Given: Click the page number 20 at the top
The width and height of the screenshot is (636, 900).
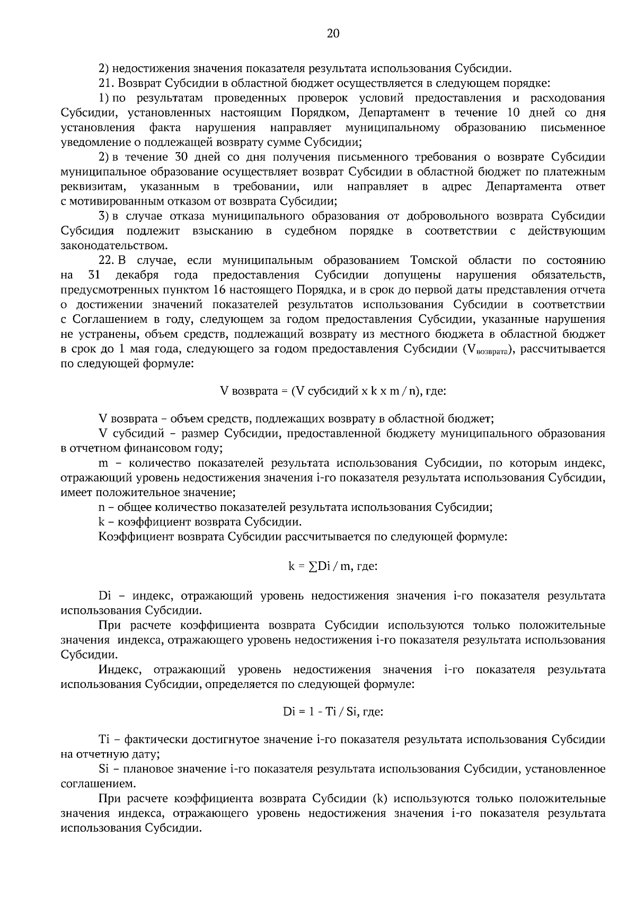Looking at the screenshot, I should pyautogui.click(x=333, y=34).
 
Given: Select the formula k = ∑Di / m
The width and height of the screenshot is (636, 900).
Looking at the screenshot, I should pyautogui.click(x=333, y=566).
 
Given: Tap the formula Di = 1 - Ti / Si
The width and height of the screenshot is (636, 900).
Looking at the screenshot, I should pyautogui.click(x=333, y=712).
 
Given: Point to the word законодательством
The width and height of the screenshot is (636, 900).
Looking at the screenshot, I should pyautogui.click(x=114, y=246).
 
